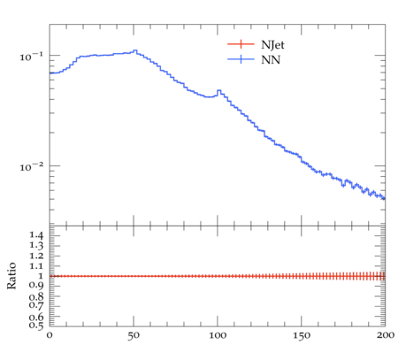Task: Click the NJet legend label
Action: tap(272, 45)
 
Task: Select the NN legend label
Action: tap(271, 60)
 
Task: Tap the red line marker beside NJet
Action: tap(241, 44)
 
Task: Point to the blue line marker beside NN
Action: tap(241, 59)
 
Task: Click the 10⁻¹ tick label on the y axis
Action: tap(32, 56)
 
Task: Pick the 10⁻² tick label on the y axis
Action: tap(32, 167)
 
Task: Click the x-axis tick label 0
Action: tap(50, 335)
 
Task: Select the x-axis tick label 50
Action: tap(134, 335)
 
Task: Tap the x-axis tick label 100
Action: tap(218, 335)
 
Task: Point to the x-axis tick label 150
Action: tap(302, 335)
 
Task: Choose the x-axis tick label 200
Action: tap(386, 335)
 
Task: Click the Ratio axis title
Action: tap(11, 276)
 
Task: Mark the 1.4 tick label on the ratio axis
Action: tap(36, 235)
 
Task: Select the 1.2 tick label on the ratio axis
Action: tap(36, 256)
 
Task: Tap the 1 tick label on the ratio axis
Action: tap(40, 276)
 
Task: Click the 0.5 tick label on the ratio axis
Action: tap(36, 326)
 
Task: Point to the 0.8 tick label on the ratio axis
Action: tap(36, 296)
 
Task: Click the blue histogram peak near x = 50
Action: tap(135, 50)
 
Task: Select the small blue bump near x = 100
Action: tap(219, 90)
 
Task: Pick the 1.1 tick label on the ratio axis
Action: tap(36, 266)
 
